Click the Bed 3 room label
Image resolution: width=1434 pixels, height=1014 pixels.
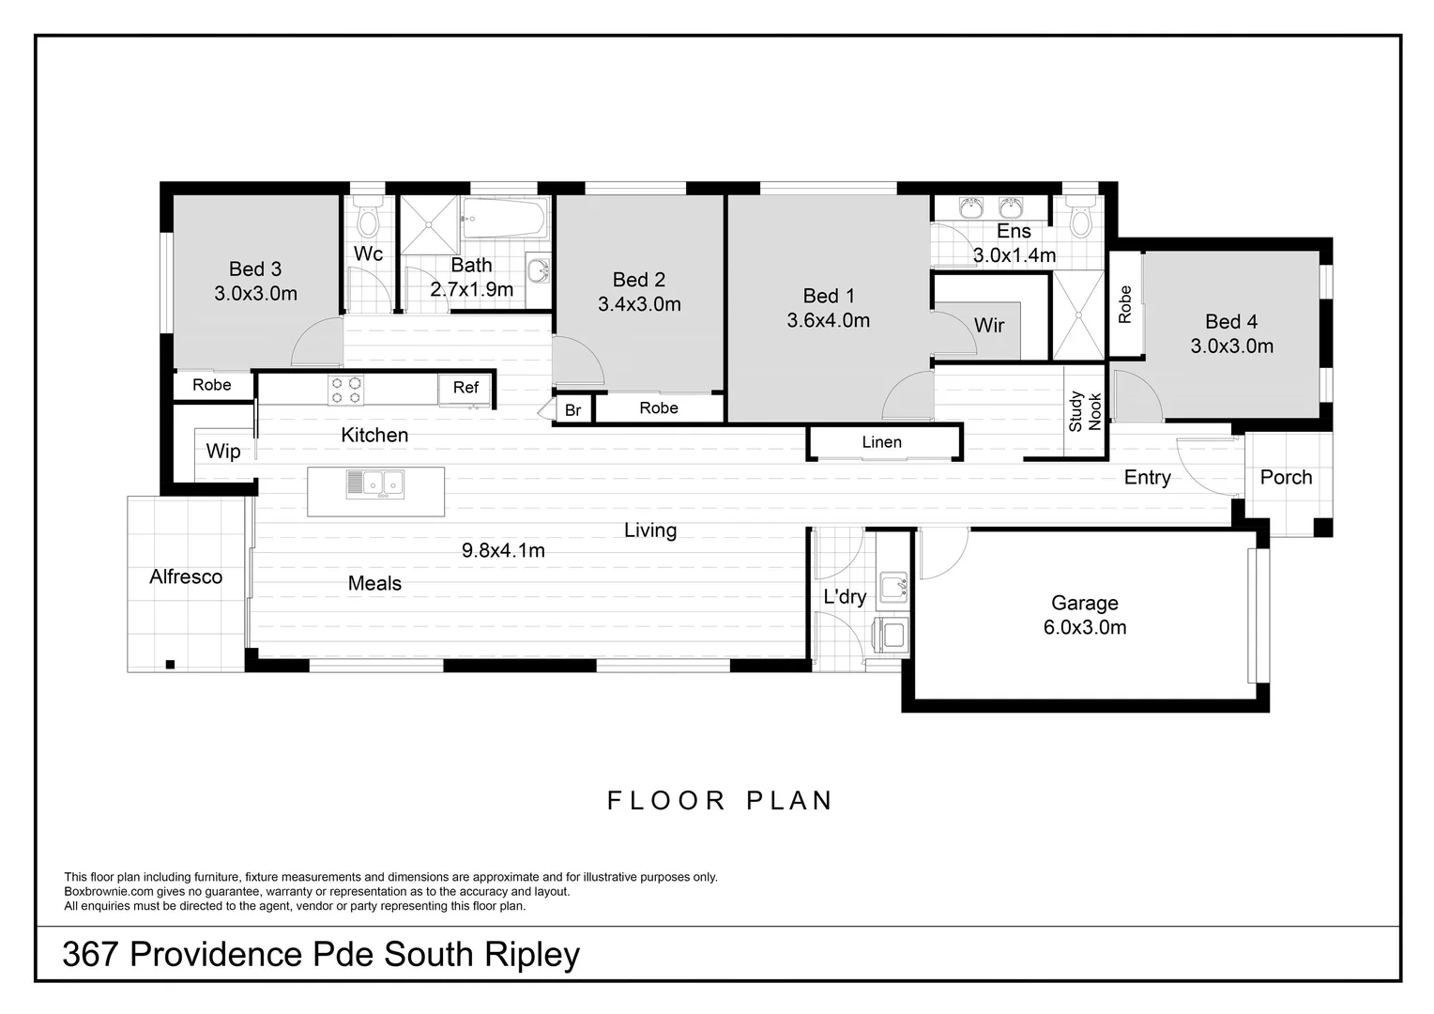click(254, 269)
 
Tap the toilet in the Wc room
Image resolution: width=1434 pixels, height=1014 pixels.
click(367, 222)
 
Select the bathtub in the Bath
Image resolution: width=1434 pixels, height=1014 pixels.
click(504, 220)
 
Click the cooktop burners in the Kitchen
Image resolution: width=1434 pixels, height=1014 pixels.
click(345, 390)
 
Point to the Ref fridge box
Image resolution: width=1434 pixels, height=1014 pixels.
click(465, 388)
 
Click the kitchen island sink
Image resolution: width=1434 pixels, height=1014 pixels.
click(374, 484)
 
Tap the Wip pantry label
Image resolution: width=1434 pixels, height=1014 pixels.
click(223, 452)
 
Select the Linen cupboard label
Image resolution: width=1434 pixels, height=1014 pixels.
click(881, 442)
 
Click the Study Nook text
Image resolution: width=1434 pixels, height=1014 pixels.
click(1085, 411)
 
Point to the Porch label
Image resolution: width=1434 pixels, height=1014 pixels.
click(1286, 477)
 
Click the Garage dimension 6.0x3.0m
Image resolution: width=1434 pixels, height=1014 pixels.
click(1085, 627)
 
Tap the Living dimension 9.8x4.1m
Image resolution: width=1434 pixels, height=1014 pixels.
click(503, 551)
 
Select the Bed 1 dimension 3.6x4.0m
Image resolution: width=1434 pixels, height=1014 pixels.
click(828, 320)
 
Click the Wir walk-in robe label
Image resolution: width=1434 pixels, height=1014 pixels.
click(989, 326)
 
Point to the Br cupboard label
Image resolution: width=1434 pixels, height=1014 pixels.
click(572, 410)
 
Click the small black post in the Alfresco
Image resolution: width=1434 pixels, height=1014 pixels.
click(170, 665)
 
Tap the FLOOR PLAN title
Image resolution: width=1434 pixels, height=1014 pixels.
click(720, 801)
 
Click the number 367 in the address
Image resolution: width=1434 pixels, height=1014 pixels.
click(90, 954)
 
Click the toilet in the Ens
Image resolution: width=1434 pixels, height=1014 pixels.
click(1081, 222)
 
